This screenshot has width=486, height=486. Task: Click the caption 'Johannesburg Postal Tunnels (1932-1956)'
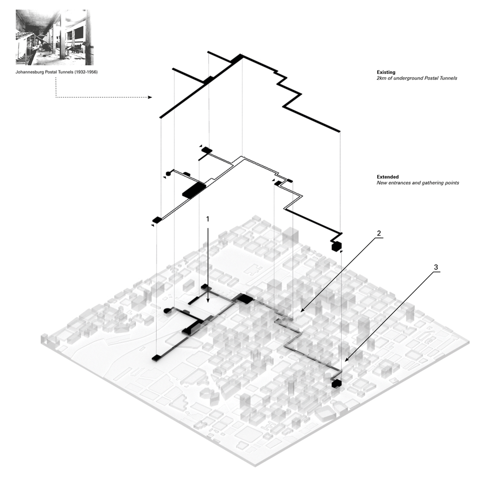[60, 73]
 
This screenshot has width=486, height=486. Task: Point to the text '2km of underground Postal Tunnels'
[417, 78]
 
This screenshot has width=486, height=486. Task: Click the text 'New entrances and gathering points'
[417, 183]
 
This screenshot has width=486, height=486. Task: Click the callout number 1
[208, 219]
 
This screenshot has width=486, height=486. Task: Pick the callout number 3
[436, 267]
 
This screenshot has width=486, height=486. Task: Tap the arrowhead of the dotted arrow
[150, 97]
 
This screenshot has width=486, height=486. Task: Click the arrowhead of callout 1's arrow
[208, 300]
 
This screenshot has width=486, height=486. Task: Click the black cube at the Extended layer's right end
[336, 246]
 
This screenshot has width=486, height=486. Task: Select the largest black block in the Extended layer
[194, 190]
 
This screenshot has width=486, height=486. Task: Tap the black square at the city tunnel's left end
[156, 358]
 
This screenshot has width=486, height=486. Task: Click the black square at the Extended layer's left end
[157, 220]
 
